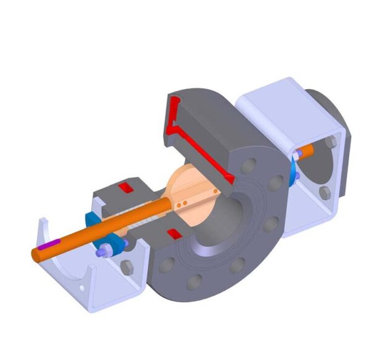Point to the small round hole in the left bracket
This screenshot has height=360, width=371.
82,288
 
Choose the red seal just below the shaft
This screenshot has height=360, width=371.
174,233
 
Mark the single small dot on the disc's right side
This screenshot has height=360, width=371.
215,192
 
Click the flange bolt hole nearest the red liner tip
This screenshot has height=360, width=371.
249,166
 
